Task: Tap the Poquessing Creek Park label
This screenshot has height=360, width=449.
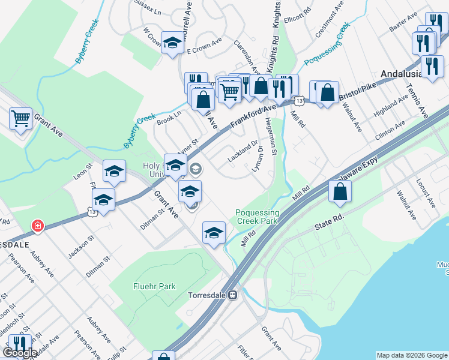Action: coord(258,217)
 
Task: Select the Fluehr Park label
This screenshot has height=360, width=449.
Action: coord(154,286)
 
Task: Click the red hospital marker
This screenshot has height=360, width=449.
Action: coord(37,226)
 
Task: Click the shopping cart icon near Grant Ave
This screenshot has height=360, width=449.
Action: coord(20,118)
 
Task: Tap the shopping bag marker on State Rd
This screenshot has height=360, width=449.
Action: coord(340,192)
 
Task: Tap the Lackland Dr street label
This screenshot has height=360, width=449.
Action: coord(243,152)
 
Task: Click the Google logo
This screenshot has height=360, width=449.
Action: coord(20,353)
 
